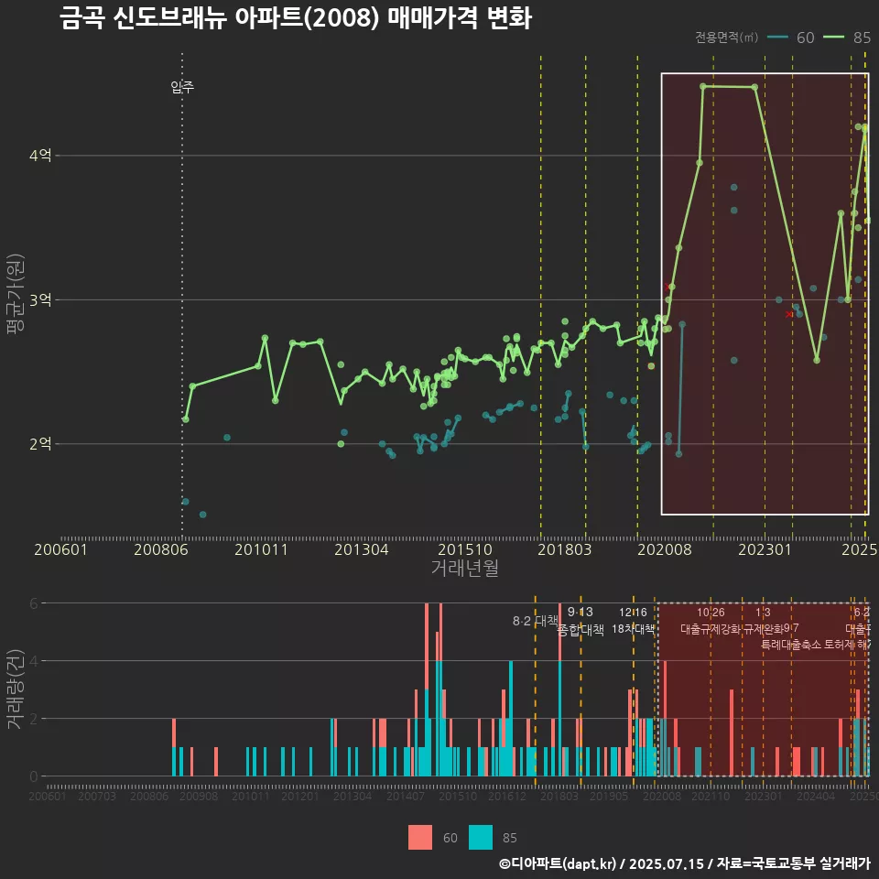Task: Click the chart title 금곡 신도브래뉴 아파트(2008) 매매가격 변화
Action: [295, 18]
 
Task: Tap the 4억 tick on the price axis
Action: [40, 156]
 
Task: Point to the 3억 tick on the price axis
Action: [40, 300]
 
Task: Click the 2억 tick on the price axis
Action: [40, 444]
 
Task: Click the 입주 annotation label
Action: [182, 88]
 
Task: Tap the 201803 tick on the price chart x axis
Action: [563, 550]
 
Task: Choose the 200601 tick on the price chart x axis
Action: [60, 550]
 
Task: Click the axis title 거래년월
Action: [464, 569]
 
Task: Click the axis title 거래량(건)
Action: [15, 689]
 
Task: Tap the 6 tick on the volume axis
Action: [34, 603]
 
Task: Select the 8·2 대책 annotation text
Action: [536, 621]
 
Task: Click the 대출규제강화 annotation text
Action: [711, 629]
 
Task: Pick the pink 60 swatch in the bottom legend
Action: [420, 837]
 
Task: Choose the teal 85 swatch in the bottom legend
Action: [481, 837]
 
